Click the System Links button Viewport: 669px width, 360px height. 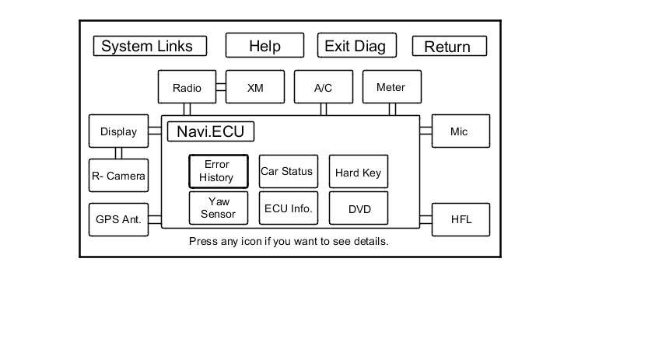[150, 46]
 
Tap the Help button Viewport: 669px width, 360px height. [264, 45]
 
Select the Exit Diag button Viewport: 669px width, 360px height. [357, 45]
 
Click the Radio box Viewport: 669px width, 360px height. [187, 87]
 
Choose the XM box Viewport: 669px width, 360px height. [255, 87]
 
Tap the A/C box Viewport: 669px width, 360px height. [324, 87]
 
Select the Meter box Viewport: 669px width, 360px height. [391, 87]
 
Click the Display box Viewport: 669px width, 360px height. [118, 131]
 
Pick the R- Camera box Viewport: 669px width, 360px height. [118, 175]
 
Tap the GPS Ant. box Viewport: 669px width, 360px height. [118, 220]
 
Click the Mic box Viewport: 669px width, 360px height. [461, 131]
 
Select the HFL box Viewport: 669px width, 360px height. [461, 220]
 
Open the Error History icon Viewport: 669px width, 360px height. [219, 172]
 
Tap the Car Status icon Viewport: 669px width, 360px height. [289, 172]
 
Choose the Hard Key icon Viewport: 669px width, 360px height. [359, 172]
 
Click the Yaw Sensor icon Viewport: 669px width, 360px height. [219, 208]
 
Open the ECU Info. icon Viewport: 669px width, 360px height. [289, 208]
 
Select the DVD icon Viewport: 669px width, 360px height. [359, 208]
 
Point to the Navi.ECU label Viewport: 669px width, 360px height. [211, 131]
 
